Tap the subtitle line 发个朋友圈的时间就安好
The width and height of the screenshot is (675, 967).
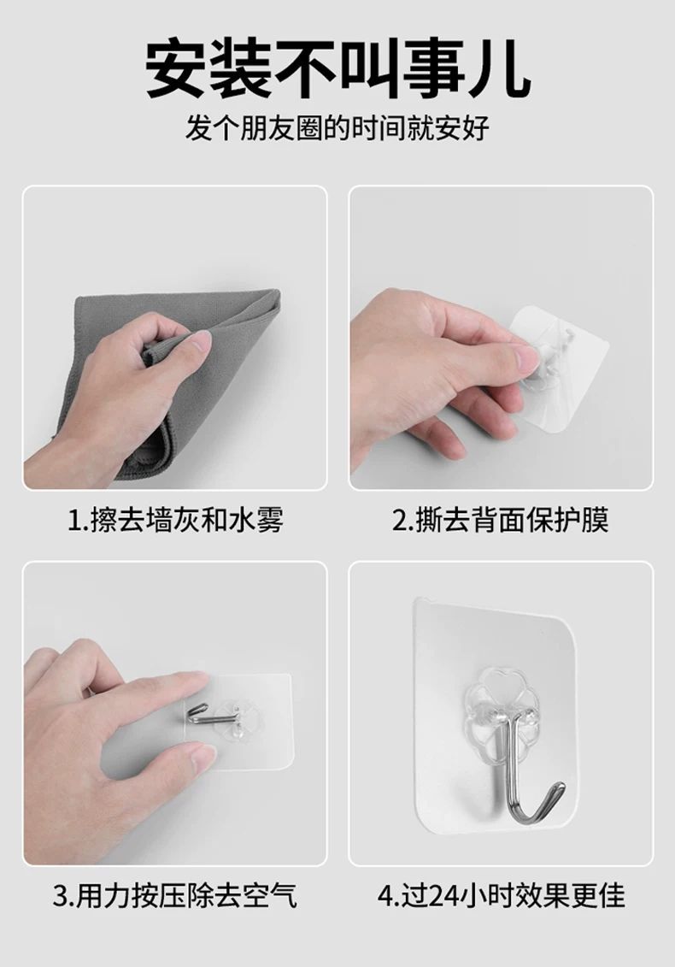click(x=337, y=128)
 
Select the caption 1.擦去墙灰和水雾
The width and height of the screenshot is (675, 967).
click(x=175, y=519)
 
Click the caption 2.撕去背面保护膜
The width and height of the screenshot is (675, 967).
click(x=501, y=519)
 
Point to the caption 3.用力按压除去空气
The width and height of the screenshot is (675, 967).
click(x=175, y=895)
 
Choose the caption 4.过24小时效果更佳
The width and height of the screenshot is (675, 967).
click(x=502, y=895)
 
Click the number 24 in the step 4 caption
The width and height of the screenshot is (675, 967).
click(x=443, y=896)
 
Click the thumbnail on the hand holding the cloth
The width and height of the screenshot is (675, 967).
click(x=199, y=341)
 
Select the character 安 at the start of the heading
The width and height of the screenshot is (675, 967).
click(x=176, y=69)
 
